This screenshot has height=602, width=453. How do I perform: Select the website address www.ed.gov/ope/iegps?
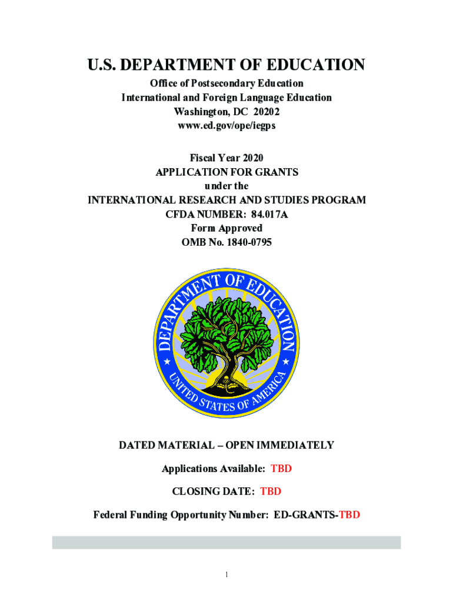click(x=226, y=126)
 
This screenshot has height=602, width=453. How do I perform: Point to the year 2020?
click(x=252, y=158)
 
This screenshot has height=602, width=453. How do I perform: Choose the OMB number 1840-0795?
click(x=244, y=242)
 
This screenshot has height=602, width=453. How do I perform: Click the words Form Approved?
click(x=226, y=228)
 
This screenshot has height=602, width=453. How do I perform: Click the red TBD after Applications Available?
click(x=281, y=469)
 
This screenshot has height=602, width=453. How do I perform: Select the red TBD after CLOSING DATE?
click(x=271, y=491)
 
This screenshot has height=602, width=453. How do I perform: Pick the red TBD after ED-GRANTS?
click(x=349, y=516)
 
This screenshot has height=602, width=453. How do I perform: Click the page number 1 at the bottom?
click(x=226, y=574)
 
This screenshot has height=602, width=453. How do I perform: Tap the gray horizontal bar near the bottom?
click(x=226, y=542)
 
